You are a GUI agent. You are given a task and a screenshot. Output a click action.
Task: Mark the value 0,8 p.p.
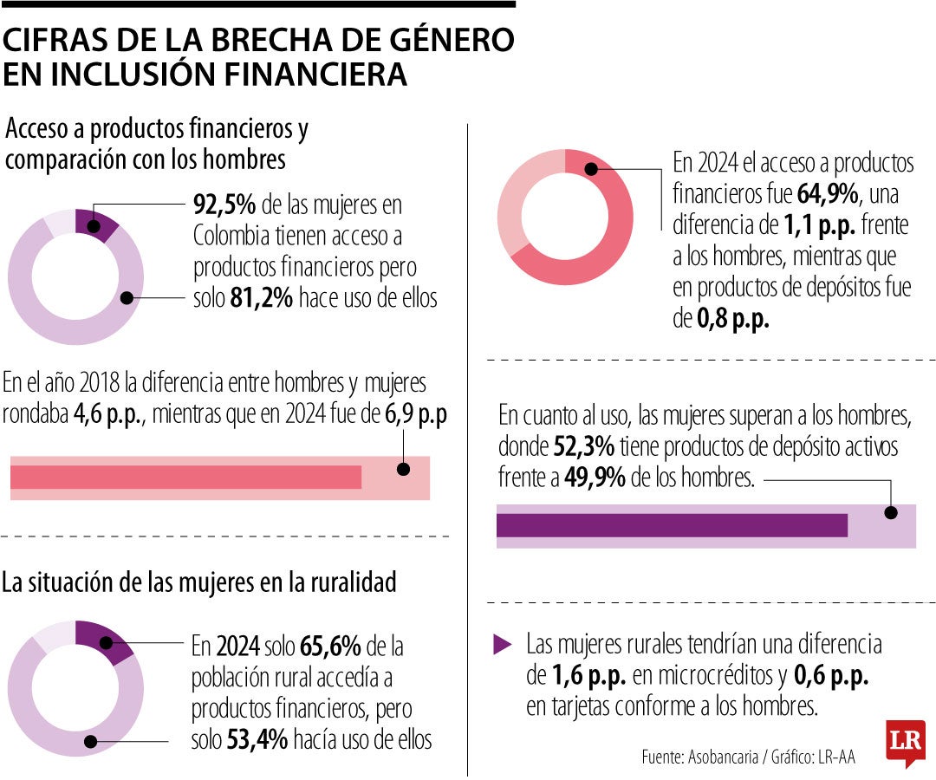tap(733, 320)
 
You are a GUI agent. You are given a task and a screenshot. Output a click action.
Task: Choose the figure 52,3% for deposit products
tap(583, 448)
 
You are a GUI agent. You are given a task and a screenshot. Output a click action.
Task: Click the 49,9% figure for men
tap(595, 478)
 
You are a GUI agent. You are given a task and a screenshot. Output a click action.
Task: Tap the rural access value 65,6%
tap(328, 647)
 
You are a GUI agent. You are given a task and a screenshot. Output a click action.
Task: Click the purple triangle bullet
tap(502, 645)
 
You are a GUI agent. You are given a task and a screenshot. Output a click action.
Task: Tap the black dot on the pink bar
tap(403, 469)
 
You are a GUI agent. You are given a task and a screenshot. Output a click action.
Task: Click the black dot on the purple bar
tap(890, 512)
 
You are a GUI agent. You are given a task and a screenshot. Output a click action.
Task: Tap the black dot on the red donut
tap(592, 168)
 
